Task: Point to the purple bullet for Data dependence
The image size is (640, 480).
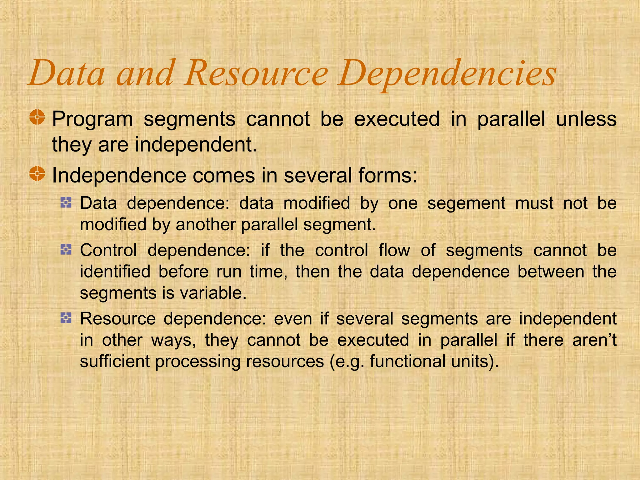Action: tap(66, 203)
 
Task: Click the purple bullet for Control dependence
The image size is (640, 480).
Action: tap(66, 250)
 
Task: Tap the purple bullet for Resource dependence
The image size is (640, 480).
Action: tap(66, 318)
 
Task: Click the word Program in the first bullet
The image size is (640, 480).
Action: tap(92, 119)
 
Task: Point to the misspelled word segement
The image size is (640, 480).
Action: tap(466, 203)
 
